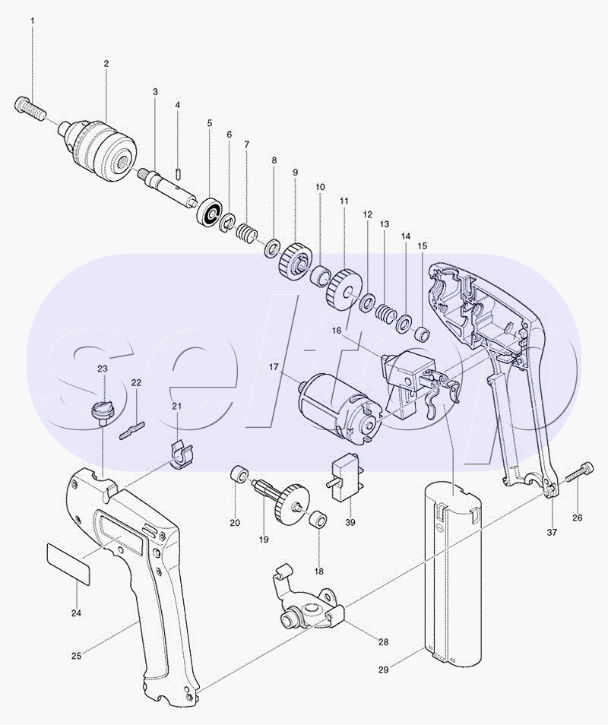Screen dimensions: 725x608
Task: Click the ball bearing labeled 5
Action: tap(210, 211)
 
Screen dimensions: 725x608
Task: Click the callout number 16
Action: tap(335, 331)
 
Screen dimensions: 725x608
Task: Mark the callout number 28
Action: tap(383, 641)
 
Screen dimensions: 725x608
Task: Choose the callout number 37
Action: tap(552, 532)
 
